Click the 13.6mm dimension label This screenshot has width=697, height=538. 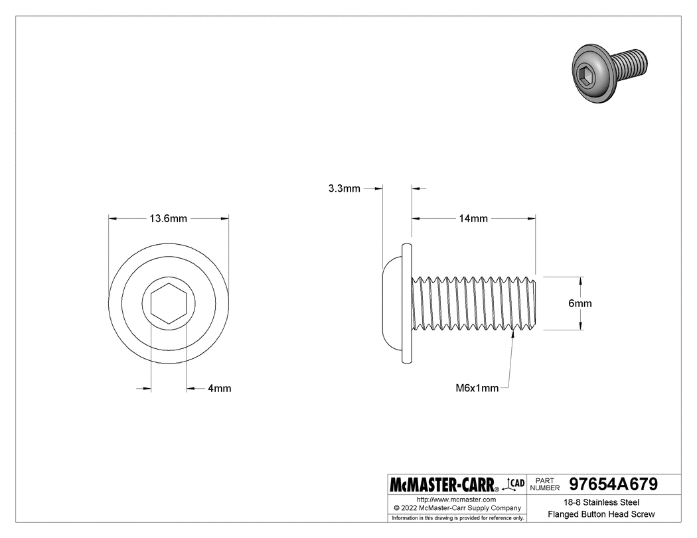[x=168, y=218]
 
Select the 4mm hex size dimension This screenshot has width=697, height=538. [x=219, y=389]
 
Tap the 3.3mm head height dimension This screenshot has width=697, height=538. [x=344, y=188]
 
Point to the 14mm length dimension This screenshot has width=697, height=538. [x=474, y=218]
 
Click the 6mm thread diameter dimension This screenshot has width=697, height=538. [x=580, y=303]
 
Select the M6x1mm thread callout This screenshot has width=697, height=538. [x=477, y=389]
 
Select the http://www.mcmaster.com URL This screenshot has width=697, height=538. [x=456, y=499]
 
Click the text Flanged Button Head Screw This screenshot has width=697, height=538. [x=601, y=514]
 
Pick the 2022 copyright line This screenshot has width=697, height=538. [x=456, y=507]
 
